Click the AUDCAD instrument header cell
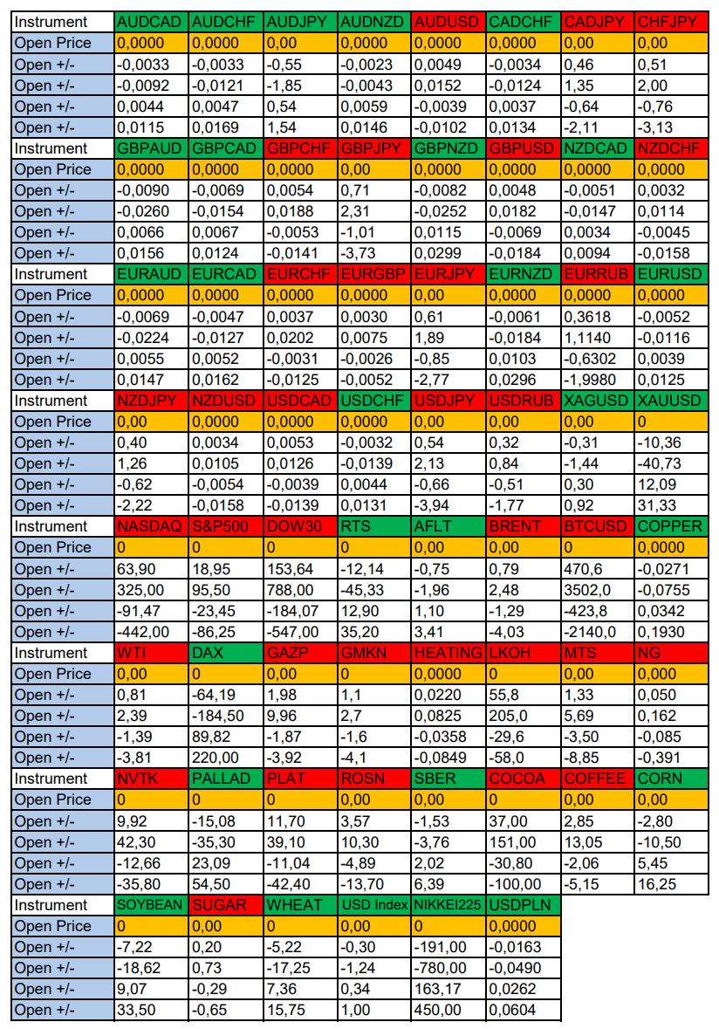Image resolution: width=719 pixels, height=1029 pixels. point(150,22)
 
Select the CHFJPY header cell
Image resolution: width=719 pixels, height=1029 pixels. point(668,22)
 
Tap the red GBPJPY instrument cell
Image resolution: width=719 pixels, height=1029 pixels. point(373,148)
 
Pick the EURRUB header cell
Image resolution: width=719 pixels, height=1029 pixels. point(597,274)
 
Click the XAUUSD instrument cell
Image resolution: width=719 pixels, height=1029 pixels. point(668,401)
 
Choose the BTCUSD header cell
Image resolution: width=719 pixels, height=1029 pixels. point(597,526)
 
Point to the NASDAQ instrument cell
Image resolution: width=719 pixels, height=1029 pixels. point(150,526)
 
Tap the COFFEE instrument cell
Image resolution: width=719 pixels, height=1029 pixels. point(597,779)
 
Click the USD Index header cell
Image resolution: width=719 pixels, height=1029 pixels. point(373,905)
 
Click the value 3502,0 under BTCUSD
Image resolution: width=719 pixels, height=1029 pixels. point(597,590)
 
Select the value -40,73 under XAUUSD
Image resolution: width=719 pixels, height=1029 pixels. point(668,463)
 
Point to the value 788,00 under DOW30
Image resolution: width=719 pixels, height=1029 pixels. point(298,590)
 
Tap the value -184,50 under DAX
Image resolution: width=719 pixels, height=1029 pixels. point(224,716)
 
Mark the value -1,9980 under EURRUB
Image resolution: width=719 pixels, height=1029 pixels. point(597,380)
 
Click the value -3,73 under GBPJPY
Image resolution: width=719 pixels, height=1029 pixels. point(373,253)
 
